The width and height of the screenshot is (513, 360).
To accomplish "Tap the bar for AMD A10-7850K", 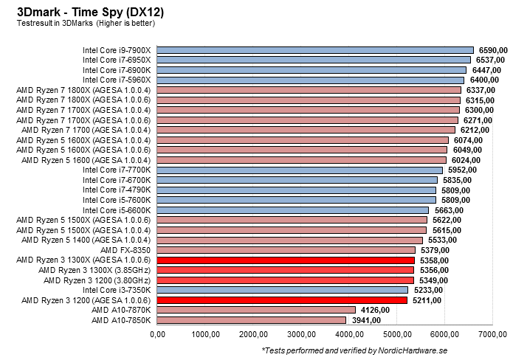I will (x=252, y=320).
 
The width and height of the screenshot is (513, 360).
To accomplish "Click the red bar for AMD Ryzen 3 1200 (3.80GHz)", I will (x=286, y=280).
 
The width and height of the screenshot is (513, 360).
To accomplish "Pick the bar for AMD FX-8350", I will (x=286, y=250).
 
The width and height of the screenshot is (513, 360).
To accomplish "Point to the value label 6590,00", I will (x=492, y=49).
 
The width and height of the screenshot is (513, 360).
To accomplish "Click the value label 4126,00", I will (x=374, y=311).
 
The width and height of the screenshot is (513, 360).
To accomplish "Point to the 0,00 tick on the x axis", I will (x=158, y=335).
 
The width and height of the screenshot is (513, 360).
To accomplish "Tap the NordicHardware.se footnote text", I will (x=385, y=350).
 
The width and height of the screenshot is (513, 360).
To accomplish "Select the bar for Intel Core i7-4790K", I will (x=297, y=190).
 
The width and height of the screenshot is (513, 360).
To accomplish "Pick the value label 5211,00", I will (x=427, y=300).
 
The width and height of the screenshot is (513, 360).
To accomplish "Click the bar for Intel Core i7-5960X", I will (x=311, y=80).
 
